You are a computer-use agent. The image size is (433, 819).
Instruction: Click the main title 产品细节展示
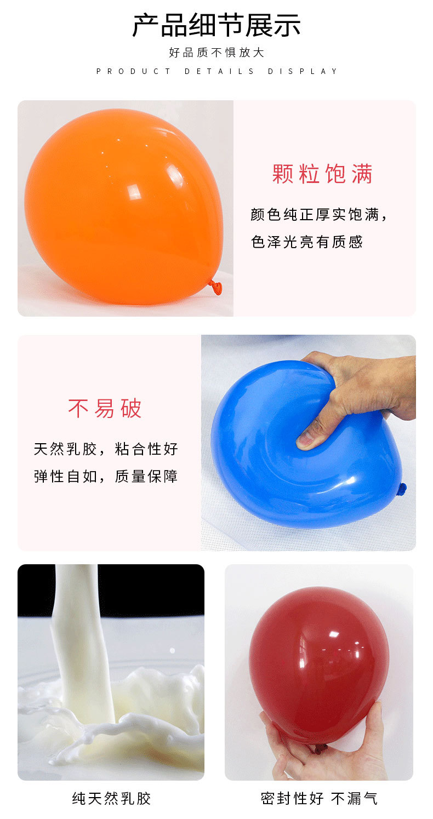point(216,25)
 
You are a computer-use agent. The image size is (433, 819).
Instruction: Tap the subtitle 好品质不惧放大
point(216,53)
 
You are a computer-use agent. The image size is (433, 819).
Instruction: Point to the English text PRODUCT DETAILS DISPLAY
point(216,71)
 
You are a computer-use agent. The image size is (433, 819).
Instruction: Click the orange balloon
point(123,205)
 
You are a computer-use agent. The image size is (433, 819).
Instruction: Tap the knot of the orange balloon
point(215,285)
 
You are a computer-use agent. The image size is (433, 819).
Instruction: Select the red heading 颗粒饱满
point(322,174)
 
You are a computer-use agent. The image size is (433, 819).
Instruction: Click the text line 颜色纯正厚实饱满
point(319,214)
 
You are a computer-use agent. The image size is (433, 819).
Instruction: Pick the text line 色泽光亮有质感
point(307,242)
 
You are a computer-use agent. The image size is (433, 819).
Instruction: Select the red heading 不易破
point(105,408)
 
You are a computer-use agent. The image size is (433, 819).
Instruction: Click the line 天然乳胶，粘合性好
point(106,449)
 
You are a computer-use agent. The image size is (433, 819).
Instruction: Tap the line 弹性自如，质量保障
point(106,476)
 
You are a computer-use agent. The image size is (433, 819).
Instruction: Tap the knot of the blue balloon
point(402,488)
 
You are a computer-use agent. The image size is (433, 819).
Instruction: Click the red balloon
point(318,663)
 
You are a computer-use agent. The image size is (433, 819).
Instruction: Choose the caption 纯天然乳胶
point(111,798)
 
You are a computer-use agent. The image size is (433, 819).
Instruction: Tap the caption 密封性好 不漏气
point(319,798)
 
